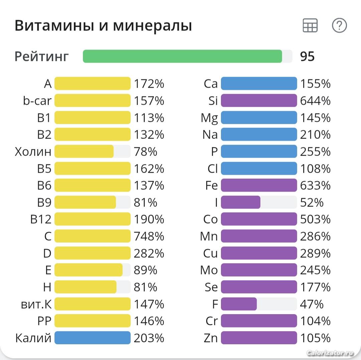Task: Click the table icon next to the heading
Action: pos(310,26)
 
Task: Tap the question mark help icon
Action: pos(339,26)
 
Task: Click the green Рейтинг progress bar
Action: pos(183,56)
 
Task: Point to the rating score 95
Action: pos(307,57)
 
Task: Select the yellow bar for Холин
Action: pos(84,152)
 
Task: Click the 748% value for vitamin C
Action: pos(149,236)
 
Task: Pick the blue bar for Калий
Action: pos(92,338)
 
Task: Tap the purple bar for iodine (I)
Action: pos(241,202)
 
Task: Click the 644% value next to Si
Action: pos(315,101)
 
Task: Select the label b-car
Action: pos(37,101)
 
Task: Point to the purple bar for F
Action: pos(239,304)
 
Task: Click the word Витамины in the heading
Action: pos(54,26)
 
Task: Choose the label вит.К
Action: pos(36,304)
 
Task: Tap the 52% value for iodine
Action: pos(312,202)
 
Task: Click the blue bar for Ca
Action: pos(259,84)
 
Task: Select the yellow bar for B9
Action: pos(85,202)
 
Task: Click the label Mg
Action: pos(209,118)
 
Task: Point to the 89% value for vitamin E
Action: pos(145,270)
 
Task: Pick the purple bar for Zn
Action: pos(259,338)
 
